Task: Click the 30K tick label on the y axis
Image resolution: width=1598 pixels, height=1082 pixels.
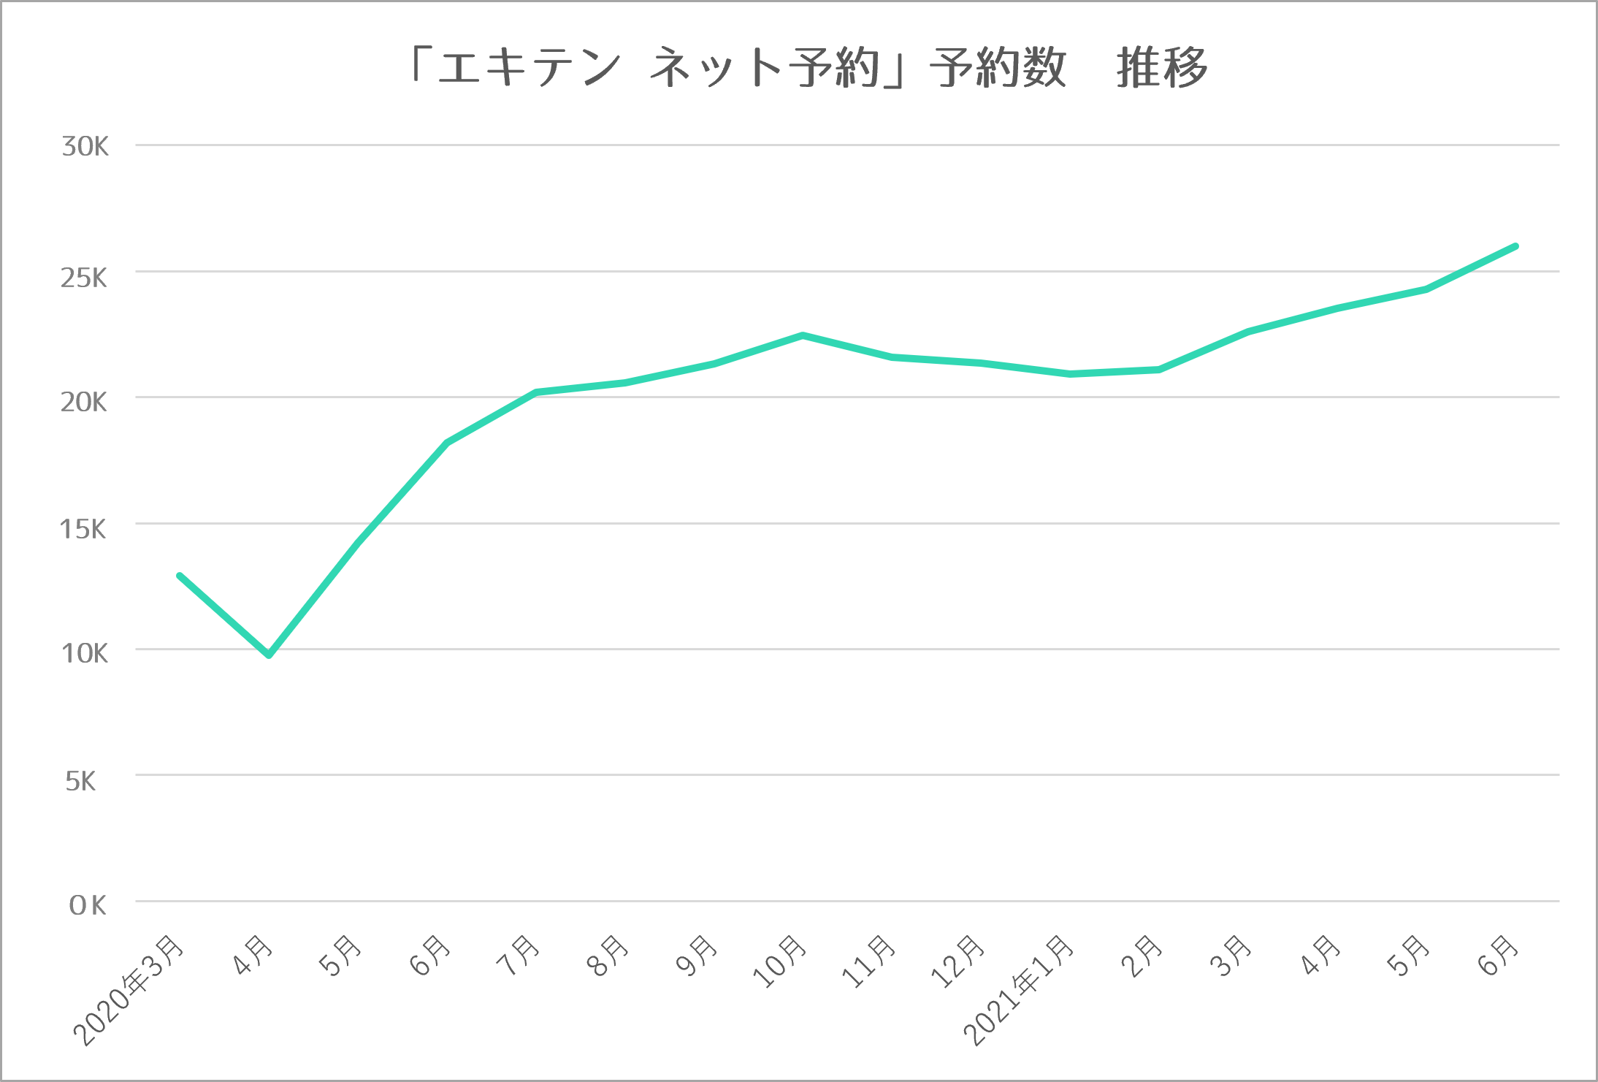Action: (x=85, y=147)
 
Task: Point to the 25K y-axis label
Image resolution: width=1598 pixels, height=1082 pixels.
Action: (x=84, y=278)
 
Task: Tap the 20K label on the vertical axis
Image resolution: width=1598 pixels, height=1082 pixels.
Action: (x=84, y=403)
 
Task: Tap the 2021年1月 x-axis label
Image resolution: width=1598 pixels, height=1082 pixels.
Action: (x=1020, y=989)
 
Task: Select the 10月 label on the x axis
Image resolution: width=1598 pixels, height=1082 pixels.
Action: (x=780, y=961)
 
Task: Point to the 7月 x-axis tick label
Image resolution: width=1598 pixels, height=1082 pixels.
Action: (x=518, y=956)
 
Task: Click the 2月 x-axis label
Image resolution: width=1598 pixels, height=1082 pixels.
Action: (x=1142, y=956)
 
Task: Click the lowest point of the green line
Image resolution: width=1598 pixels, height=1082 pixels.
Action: (x=269, y=655)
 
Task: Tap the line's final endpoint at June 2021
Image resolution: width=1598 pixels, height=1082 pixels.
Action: (x=1516, y=246)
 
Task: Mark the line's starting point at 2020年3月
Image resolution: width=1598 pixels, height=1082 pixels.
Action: (x=180, y=576)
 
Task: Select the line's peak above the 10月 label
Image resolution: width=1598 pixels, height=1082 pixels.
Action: (x=803, y=335)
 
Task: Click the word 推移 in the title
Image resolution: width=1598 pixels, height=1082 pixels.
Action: (x=1162, y=68)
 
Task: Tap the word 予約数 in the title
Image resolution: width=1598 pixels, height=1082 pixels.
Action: (x=998, y=68)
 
